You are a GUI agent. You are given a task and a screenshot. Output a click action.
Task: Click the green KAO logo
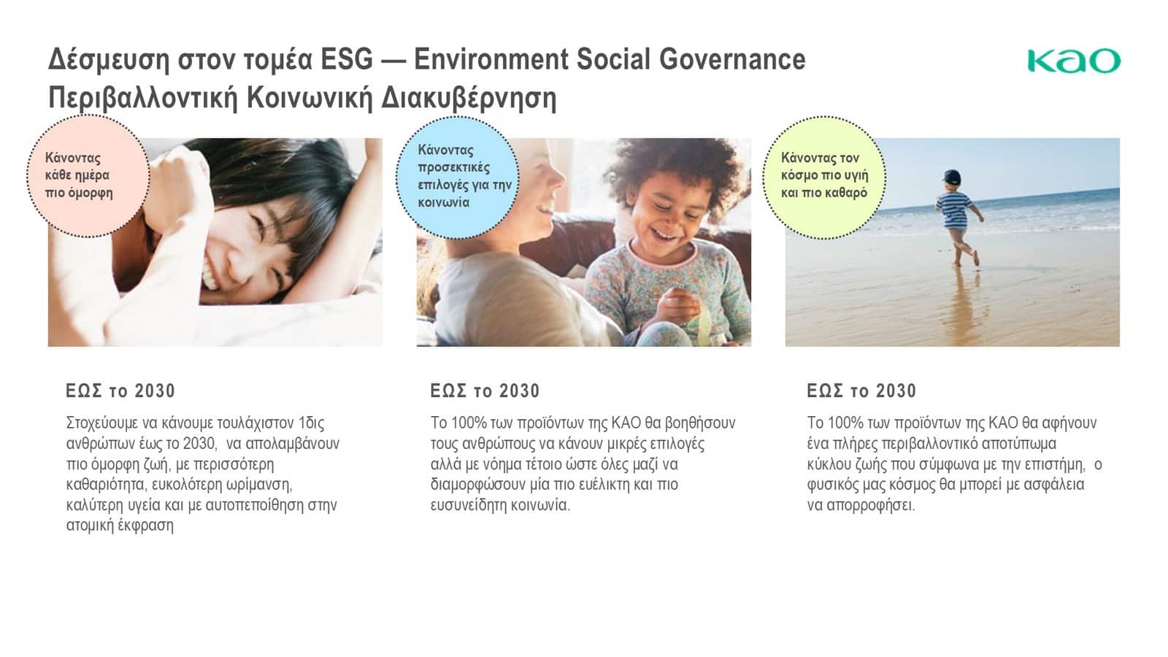[1074, 61]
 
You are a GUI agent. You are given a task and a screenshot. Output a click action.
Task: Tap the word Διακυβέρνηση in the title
[469, 99]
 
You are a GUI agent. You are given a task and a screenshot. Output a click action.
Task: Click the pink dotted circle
[88, 176]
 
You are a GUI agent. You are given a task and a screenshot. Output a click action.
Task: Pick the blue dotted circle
[457, 177]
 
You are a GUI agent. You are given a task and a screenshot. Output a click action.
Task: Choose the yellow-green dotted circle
[824, 177]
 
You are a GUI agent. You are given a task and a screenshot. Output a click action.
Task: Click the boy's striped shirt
[954, 210]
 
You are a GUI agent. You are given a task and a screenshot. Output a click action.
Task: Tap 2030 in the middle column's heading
[519, 391]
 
